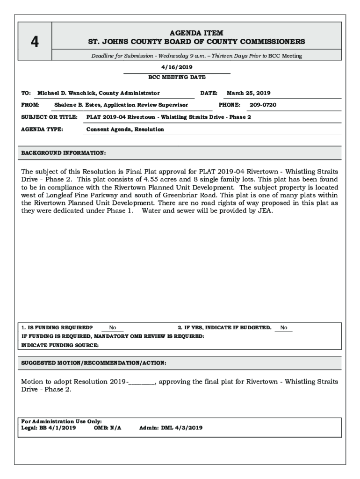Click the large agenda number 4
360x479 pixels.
click(35, 42)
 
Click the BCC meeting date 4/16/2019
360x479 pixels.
click(177, 67)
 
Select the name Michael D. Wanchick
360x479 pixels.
click(66, 93)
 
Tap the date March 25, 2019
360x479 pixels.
click(248, 93)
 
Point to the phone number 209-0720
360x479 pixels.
click(263, 105)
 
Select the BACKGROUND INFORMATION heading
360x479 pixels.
click(64, 153)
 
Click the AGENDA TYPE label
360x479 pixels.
click(43, 129)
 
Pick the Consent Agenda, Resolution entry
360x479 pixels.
click(125, 129)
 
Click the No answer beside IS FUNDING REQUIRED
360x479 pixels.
click(113, 328)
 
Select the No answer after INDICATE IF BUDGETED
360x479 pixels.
click(284, 328)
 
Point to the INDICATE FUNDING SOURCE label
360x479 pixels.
click(60, 345)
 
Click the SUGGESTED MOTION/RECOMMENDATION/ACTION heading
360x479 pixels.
click(94, 363)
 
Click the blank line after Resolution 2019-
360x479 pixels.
click(142, 382)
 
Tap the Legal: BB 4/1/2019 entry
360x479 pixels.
click(49, 428)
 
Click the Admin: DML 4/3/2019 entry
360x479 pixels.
click(171, 428)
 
